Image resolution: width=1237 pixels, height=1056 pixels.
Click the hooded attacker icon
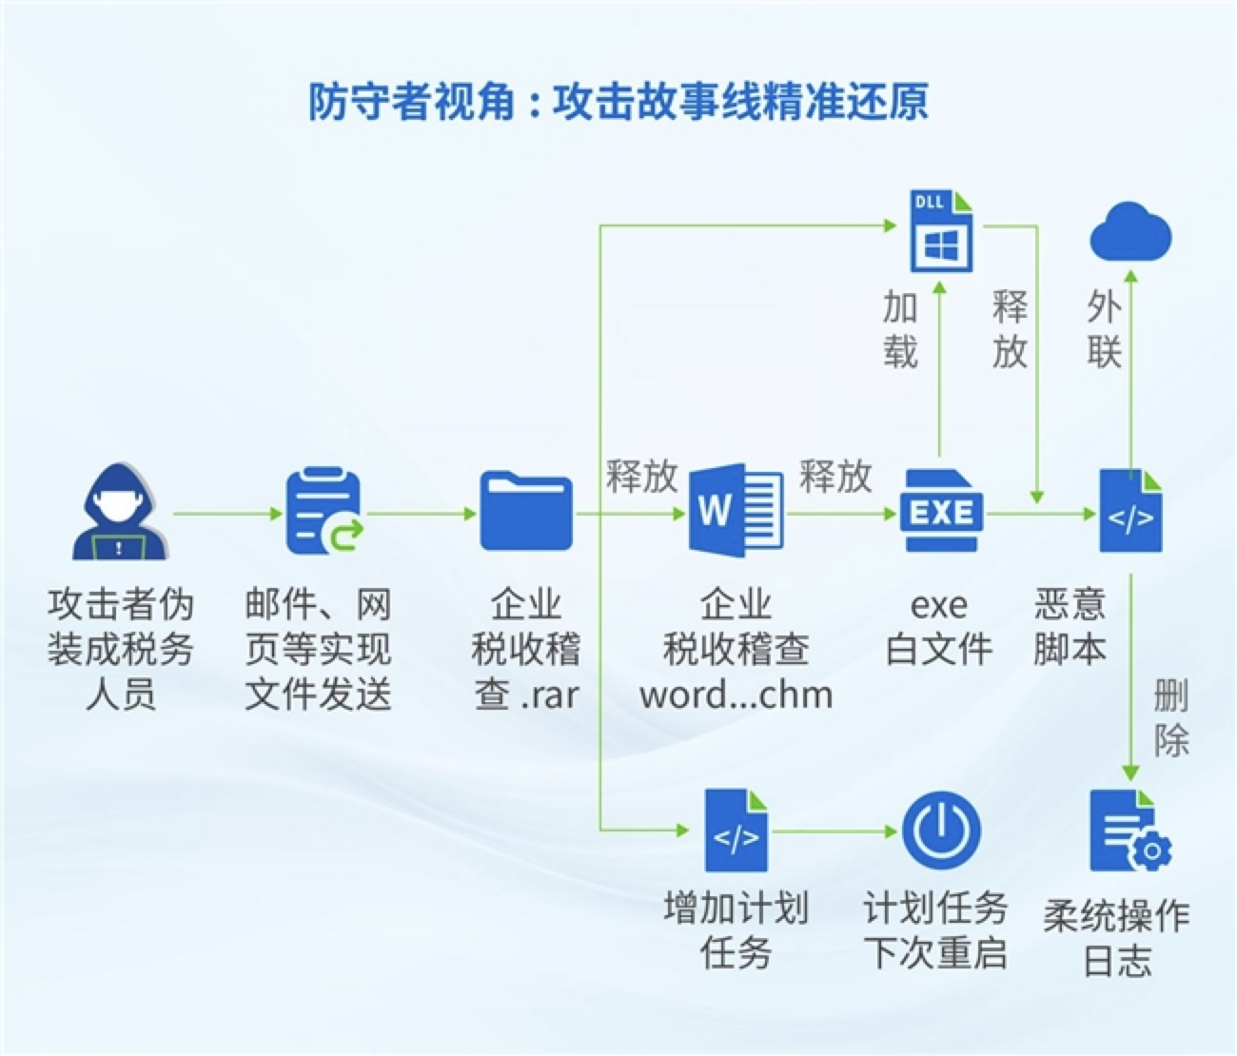120,511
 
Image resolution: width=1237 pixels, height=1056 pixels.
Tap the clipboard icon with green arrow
324,511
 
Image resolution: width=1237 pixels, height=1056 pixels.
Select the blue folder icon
526,511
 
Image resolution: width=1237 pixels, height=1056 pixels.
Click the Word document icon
736,510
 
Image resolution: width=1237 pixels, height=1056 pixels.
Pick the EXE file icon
941,511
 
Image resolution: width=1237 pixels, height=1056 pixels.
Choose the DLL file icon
941,231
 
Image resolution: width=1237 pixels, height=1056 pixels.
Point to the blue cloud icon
1130,231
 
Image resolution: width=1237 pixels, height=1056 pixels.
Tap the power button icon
941,831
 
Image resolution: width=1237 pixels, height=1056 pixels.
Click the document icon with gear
1129,831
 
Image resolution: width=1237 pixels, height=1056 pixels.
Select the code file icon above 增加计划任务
736,831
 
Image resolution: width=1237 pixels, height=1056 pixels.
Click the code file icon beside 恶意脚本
1130,511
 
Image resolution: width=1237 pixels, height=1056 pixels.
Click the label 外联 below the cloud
1104,329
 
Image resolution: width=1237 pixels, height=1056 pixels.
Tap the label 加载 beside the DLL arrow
900,329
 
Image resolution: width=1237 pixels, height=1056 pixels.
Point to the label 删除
1171,717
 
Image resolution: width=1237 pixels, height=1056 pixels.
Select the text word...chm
736,695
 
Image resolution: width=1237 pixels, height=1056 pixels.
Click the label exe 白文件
939,627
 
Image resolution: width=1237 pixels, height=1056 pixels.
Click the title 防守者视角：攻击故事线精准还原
618,102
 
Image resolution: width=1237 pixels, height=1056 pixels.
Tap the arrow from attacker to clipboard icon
228,514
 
